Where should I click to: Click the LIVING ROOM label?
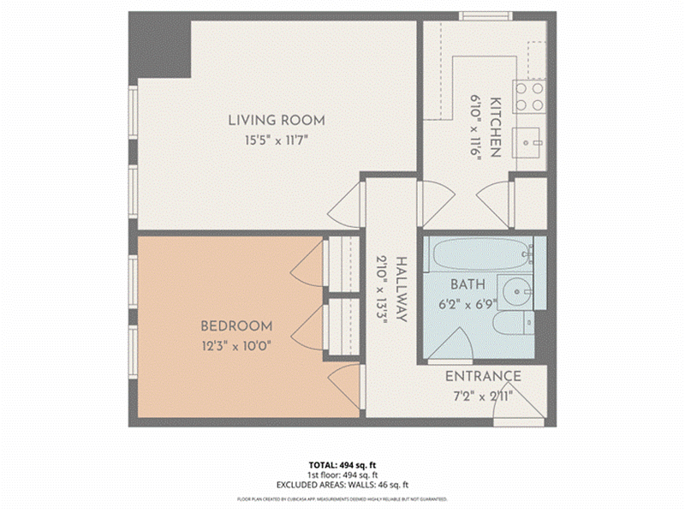pos(276,120)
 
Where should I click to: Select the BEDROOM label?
pos(236,326)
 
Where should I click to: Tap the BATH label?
pos(468,284)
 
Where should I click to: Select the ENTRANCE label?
pos(483,376)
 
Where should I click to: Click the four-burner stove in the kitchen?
pos(529,96)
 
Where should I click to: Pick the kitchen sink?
pos(529,140)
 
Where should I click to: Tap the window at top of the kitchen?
pos(485,16)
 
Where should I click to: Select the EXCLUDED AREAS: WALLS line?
pos(342,485)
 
